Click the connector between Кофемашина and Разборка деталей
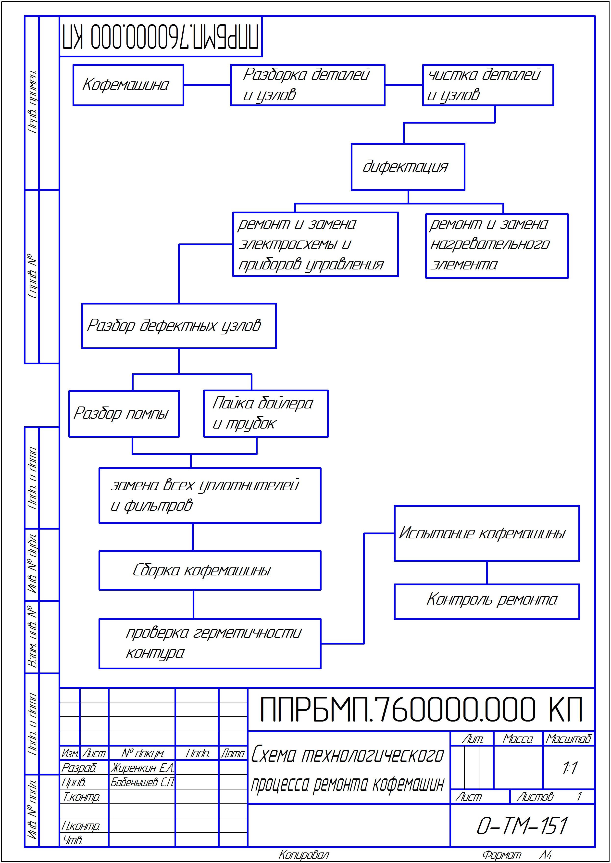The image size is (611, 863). (x=207, y=85)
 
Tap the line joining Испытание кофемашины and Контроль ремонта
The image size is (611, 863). (x=487, y=572)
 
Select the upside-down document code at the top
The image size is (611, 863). (x=161, y=37)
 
